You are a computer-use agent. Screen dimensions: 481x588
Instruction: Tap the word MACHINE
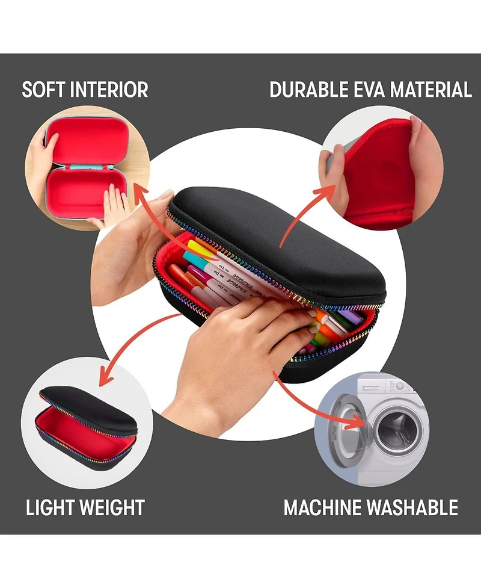(322, 507)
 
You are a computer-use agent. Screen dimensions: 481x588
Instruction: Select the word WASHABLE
(412, 507)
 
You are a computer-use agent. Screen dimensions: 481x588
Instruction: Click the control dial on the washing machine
(400, 385)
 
